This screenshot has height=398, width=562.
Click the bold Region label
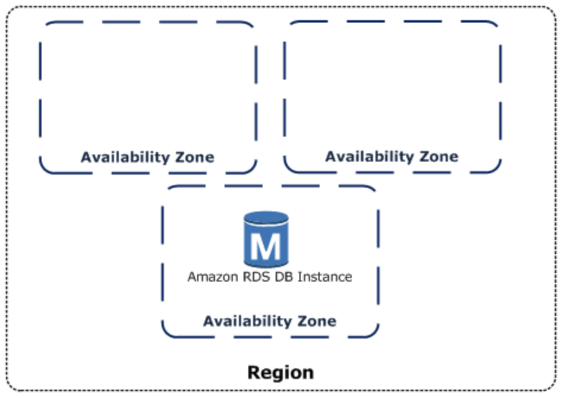(x=280, y=372)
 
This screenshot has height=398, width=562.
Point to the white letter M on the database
(x=266, y=247)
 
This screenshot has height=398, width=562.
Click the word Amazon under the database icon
(x=208, y=277)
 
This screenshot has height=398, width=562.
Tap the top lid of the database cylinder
(x=266, y=218)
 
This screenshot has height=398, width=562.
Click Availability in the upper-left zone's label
(x=125, y=157)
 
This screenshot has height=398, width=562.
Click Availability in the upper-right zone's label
(x=370, y=156)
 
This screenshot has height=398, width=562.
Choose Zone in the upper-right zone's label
(x=438, y=156)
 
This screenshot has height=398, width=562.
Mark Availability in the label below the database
(x=247, y=321)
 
